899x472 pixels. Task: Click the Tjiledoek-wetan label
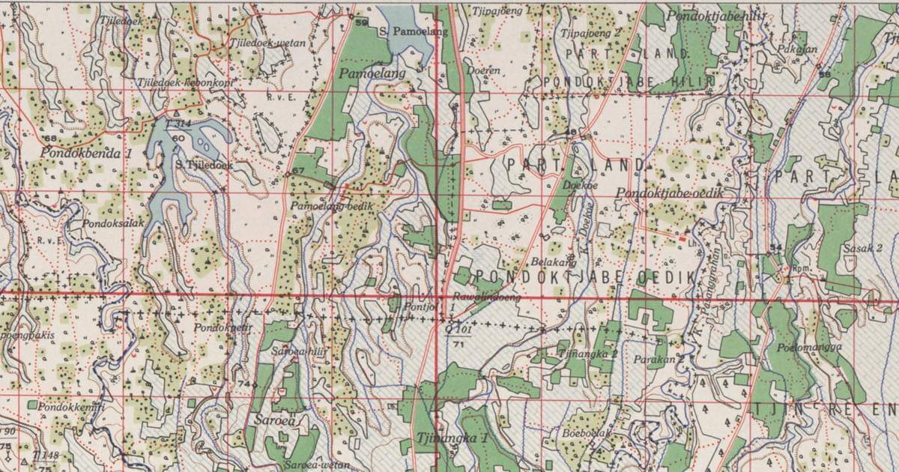267,43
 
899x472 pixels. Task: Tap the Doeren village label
482,70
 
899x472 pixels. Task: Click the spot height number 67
297,172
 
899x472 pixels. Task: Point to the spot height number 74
242,384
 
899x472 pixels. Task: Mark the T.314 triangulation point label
180,122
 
